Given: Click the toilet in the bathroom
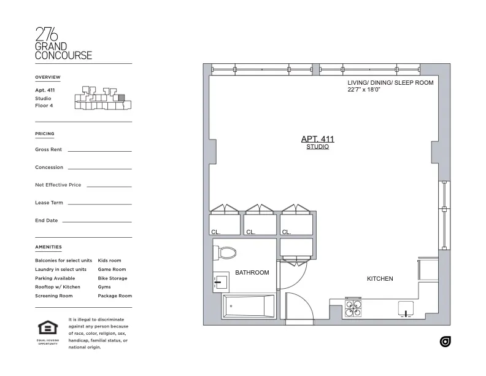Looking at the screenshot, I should (x=226, y=253).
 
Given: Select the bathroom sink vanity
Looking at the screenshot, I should (x=221, y=283).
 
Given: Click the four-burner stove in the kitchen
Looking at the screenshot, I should (x=353, y=308).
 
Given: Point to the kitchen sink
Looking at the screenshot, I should (x=406, y=308).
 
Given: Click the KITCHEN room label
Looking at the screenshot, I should (x=380, y=279).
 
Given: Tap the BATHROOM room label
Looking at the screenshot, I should (x=252, y=273).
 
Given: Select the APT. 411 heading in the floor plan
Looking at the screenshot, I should (x=317, y=139).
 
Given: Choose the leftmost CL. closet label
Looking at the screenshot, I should (x=215, y=232).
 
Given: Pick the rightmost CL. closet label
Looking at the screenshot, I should (x=286, y=232).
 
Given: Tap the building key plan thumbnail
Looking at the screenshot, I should (x=99, y=100).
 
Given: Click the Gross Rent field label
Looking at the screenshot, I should (x=48, y=149).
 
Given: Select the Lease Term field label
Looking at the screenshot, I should (x=49, y=202).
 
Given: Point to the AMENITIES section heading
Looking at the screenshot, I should (x=48, y=247).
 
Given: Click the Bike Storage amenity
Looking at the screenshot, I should (x=112, y=278).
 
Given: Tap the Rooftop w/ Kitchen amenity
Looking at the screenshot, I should (x=58, y=287).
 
